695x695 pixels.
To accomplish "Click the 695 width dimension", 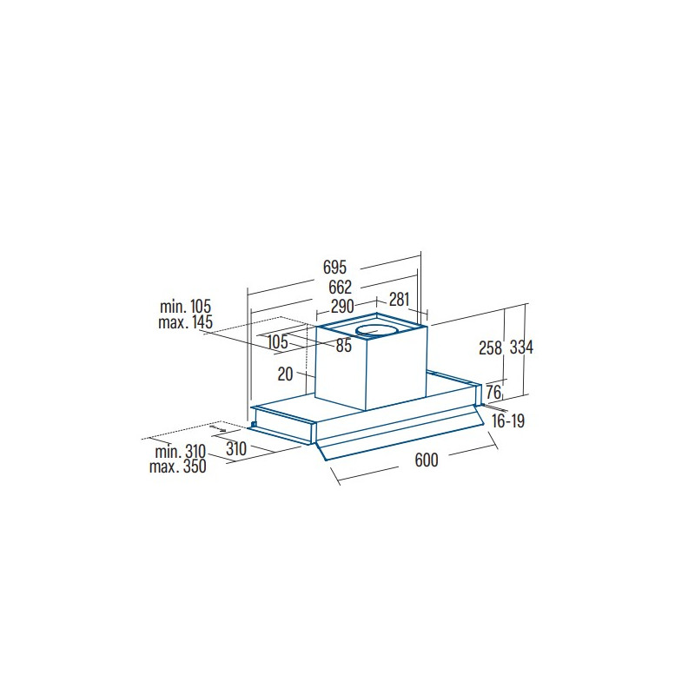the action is pyautogui.click(x=334, y=268).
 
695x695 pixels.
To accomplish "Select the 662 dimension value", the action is pyautogui.click(x=340, y=288).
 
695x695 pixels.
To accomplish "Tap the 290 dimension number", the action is pyautogui.click(x=342, y=306).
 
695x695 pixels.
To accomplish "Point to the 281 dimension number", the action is pyautogui.click(x=399, y=300).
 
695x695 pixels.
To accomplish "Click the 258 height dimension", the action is pyautogui.click(x=490, y=348).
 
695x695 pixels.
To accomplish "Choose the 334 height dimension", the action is pyautogui.click(x=521, y=347).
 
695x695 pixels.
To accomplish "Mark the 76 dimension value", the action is pyautogui.click(x=493, y=392).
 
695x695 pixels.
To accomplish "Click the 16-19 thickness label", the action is pyautogui.click(x=508, y=420).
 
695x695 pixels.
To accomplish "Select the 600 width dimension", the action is pyautogui.click(x=427, y=460).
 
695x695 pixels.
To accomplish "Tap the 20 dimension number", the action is pyautogui.click(x=286, y=374).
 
